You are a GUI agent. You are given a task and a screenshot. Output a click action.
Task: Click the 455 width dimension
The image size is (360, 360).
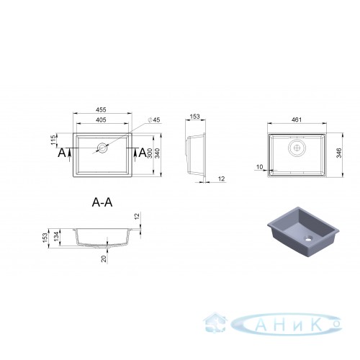click(x=101, y=109)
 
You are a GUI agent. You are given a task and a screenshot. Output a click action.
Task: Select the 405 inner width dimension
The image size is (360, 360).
click(x=101, y=120)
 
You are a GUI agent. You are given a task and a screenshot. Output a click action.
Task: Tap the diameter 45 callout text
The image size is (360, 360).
click(x=154, y=120)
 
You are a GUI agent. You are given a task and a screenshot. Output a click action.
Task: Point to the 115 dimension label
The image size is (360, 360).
click(x=53, y=140)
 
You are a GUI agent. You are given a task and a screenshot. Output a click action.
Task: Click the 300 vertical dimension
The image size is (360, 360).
click(x=149, y=153)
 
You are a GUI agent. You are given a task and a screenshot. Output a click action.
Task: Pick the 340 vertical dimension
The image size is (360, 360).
click(x=157, y=153)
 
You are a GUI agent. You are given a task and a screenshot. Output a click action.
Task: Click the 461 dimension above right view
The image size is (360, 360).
click(x=297, y=120)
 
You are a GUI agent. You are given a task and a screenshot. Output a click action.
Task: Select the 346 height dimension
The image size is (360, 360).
click(x=339, y=153)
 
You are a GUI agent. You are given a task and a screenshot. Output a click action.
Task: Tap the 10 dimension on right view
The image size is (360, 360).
click(x=260, y=167)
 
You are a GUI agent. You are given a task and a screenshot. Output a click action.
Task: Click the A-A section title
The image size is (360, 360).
click(x=102, y=202)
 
